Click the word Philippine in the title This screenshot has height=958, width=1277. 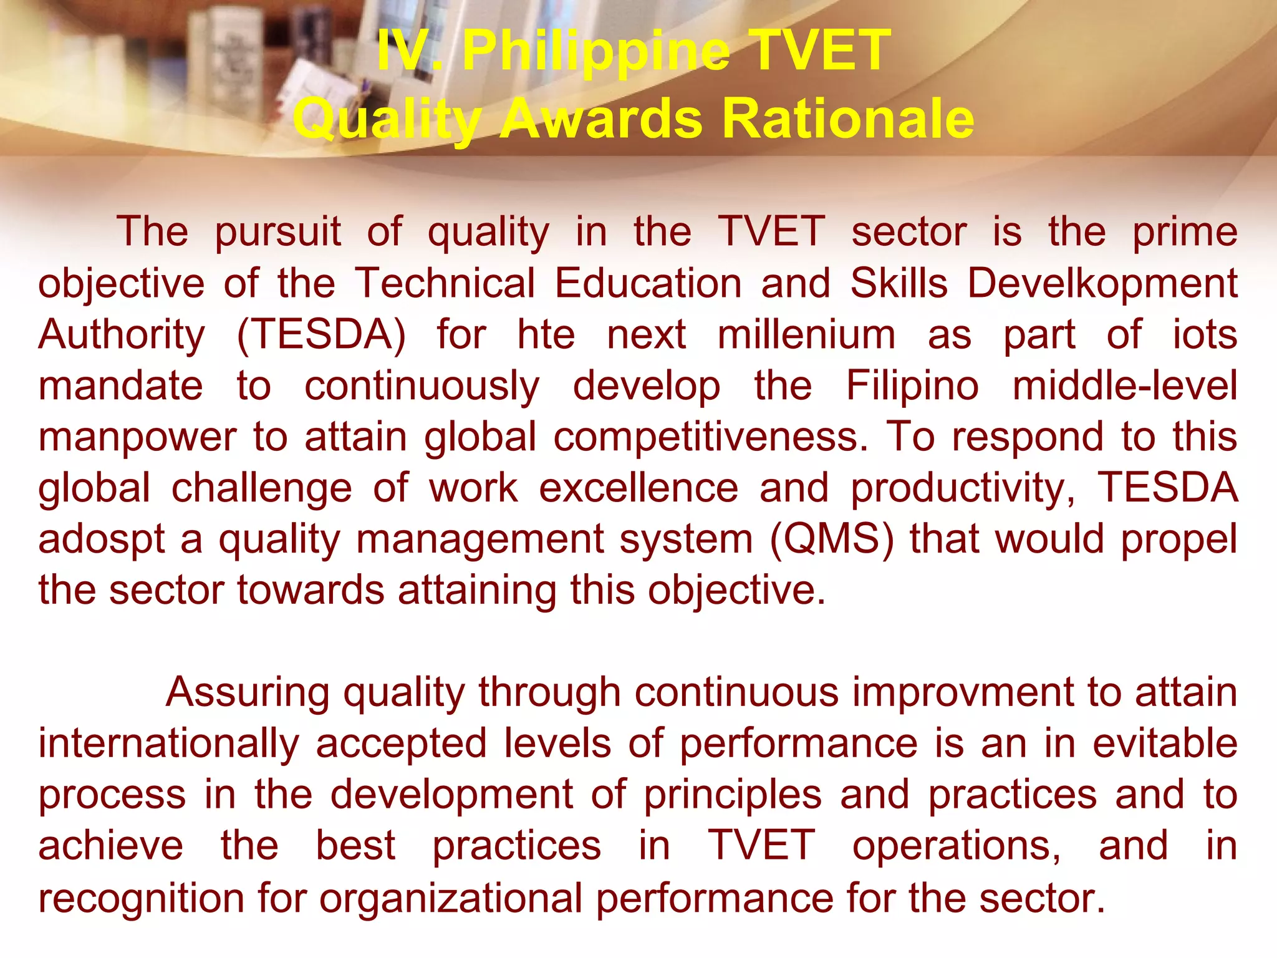point(595,51)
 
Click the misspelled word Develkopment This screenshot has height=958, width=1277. point(1102,284)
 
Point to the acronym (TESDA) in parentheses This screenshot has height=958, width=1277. point(321,335)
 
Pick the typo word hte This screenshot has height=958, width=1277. point(546,335)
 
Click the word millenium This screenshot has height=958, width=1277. point(806,335)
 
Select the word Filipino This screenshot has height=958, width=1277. point(912,386)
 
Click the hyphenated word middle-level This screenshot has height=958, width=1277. point(1125,386)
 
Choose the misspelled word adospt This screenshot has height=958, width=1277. point(102,539)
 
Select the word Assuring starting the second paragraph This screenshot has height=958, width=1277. point(248,693)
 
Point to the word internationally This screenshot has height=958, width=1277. point(169,744)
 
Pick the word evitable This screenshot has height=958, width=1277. point(1165,744)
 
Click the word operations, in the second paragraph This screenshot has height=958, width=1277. point(957,846)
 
